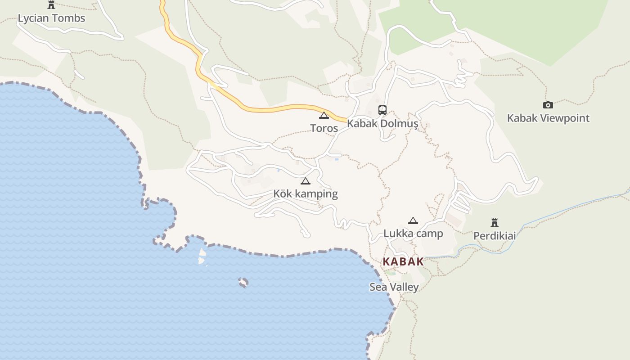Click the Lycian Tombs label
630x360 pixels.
[51, 18]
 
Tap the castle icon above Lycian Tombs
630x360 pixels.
[51, 5]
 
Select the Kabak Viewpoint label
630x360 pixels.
[548, 118]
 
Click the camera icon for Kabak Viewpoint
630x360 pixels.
[548, 105]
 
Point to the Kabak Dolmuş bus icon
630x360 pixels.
[382, 110]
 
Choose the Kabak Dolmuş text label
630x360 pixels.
[382, 123]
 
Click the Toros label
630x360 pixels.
[324, 128]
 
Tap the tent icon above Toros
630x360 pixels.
[324, 116]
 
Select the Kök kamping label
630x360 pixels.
[306, 194]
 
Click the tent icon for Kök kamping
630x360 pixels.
[306, 181]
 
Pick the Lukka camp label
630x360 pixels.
[413, 234]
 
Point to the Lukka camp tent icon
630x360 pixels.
[413, 221]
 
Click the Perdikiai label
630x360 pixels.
[495, 236]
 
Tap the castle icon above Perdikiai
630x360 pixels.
[495, 223]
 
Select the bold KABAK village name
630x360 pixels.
[403, 261]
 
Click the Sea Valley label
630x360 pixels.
[394, 287]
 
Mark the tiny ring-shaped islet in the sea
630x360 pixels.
[243, 283]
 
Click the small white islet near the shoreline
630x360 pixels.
[202, 256]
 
